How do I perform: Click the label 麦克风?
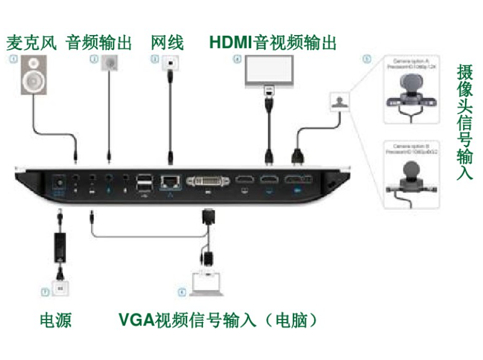click(x=31, y=43)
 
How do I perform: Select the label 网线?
click(x=167, y=43)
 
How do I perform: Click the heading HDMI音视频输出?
click(x=272, y=43)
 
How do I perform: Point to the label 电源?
click(x=56, y=320)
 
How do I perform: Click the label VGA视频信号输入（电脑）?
click(x=218, y=320)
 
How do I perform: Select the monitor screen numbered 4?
click(x=269, y=71)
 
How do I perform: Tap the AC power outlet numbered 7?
click(x=60, y=289)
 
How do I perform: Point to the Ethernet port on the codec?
click(x=169, y=179)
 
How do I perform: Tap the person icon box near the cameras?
click(x=339, y=101)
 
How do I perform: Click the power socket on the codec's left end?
click(x=59, y=181)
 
